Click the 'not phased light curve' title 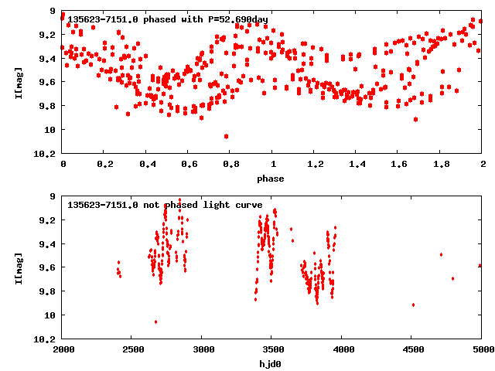tap(165, 205)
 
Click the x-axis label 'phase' tap(271, 179)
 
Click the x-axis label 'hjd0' tap(271, 364)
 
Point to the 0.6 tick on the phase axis tap(189, 165)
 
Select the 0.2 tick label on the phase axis tap(104, 165)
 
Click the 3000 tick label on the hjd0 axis tap(202, 350)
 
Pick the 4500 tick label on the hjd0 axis tap(412, 350)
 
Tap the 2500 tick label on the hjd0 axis tap(132, 350)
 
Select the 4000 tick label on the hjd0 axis tap(342, 350)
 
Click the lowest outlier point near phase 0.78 tap(226, 136)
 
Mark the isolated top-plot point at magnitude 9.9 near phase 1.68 tap(416, 119)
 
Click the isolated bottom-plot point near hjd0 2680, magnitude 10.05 tap(156, 322)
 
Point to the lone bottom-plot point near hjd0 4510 tap(413, 305)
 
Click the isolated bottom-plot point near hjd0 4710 tap(441, 254)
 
